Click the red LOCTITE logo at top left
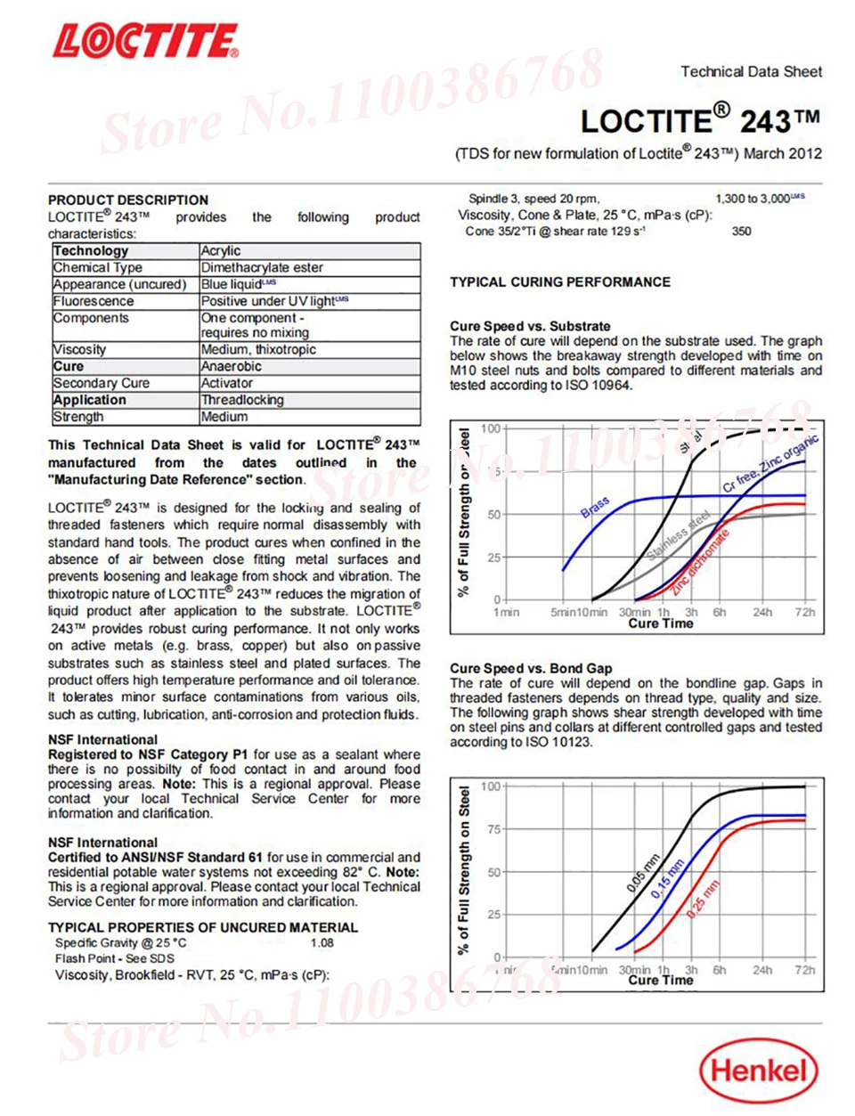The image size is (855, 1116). coord(145,43)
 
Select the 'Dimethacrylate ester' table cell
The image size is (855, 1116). coord(262,267)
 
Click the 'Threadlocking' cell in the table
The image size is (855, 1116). coord(242,400)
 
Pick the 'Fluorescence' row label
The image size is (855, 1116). coord(94,301)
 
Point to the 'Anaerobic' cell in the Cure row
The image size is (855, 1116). coord(232,366)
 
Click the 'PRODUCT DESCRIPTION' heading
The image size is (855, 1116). coord(128,200)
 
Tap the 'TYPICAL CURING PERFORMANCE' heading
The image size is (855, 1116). coord(560,281)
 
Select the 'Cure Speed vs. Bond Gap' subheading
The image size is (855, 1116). coord(531,668)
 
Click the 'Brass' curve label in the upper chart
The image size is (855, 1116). coord(595,507)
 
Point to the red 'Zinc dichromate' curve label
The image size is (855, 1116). coord(700,561)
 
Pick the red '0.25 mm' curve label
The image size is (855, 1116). coord(703,900)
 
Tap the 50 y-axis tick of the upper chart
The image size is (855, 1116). coord(493,515)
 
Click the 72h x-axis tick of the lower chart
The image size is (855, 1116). coord(804,970)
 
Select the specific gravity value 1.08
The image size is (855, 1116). coord(322,942)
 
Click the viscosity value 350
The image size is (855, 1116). coord(741,231)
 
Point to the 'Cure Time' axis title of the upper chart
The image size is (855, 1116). coord(660,623)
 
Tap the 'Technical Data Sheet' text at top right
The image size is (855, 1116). coord(751,71)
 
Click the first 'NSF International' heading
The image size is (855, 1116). coord(102,739)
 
